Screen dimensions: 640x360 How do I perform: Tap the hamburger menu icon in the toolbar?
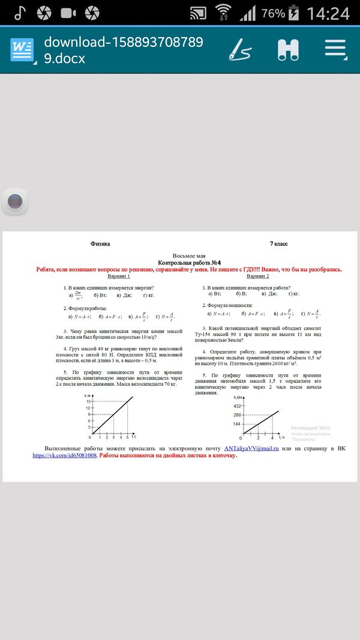[x=335, y=50]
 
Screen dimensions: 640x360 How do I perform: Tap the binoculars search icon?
[x=288, y=50]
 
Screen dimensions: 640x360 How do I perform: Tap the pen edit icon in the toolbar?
[x=239, y=50]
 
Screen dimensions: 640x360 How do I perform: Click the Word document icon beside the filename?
[x=22, y=50]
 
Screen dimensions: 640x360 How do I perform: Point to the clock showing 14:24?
[x=328, y=13]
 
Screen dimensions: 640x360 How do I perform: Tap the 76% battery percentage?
[x=273, y=13]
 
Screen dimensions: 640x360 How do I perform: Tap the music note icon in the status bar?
[x=20, y=13]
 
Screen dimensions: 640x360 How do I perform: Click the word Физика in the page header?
[x=100, y=244]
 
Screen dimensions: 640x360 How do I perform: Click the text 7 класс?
[x=278, y=244]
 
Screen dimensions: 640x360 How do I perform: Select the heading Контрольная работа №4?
[x=190, y=263]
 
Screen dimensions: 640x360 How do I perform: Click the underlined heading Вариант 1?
[x=118, y=277]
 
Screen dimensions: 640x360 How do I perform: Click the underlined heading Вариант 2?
[x=258, y=277]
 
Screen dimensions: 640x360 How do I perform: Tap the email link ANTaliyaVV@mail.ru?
[x=251, y=448]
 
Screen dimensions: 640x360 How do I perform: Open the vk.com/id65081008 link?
[x=65, y=455]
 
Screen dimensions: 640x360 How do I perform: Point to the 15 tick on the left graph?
[x=88, y=401]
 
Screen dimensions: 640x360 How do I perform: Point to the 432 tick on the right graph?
[x=236, y=406]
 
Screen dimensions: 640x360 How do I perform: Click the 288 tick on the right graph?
[x=236, y=414]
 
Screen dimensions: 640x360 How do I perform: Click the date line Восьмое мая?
[x=189, y=256]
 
